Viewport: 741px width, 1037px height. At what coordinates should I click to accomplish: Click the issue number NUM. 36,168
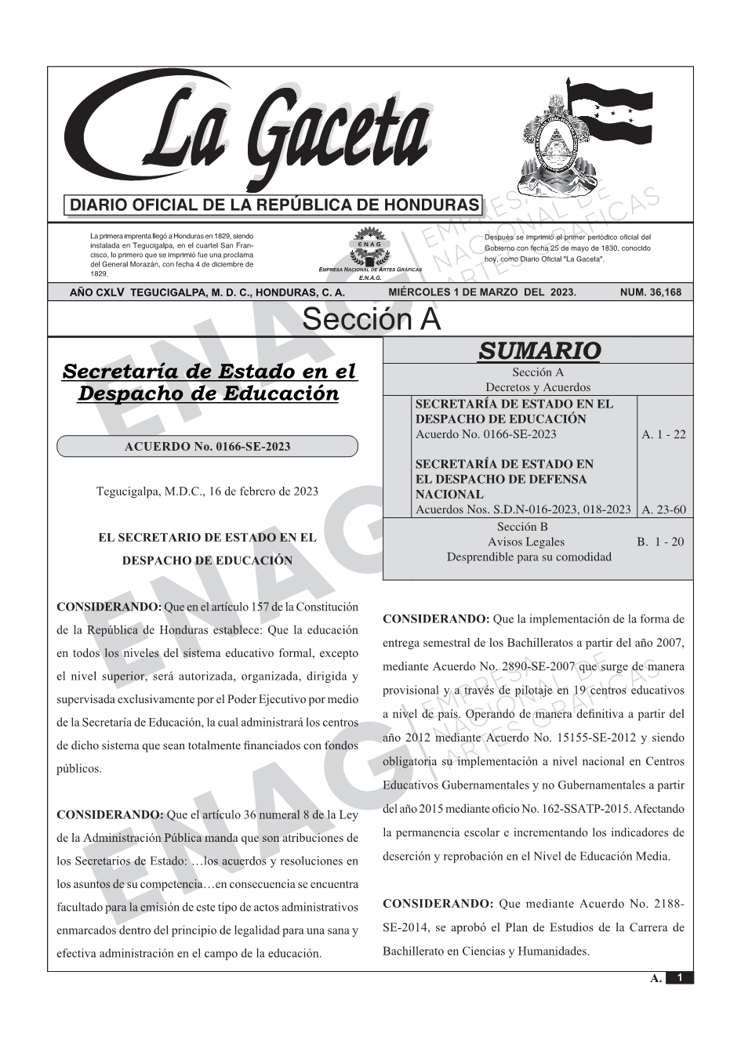tap(650, 292)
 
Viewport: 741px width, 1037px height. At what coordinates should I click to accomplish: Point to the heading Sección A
tap(371, 320)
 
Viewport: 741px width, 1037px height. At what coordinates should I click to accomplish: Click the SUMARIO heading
tap(539, 351)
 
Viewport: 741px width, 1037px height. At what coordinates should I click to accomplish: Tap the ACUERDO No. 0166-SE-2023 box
tap(207, 447)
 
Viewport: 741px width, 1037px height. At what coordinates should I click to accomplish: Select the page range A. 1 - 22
tap(663, 434)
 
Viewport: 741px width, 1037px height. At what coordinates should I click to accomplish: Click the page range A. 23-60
tap(663, 509)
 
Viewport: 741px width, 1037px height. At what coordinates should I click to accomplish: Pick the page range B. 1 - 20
tap(660, 542)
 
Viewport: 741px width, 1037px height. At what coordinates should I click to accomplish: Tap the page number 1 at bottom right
tap(680, 977)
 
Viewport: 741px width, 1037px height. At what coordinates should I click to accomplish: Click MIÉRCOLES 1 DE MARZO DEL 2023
tap(481, 292)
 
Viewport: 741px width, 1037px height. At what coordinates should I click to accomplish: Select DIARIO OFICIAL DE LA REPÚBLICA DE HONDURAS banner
tap(274, 205)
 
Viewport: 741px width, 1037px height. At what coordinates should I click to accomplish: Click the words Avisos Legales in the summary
tap(525, 542)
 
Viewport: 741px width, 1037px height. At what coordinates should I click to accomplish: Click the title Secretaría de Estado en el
tap(209, 371)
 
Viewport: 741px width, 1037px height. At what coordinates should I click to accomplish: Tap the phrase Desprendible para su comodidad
tap(529, 557)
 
